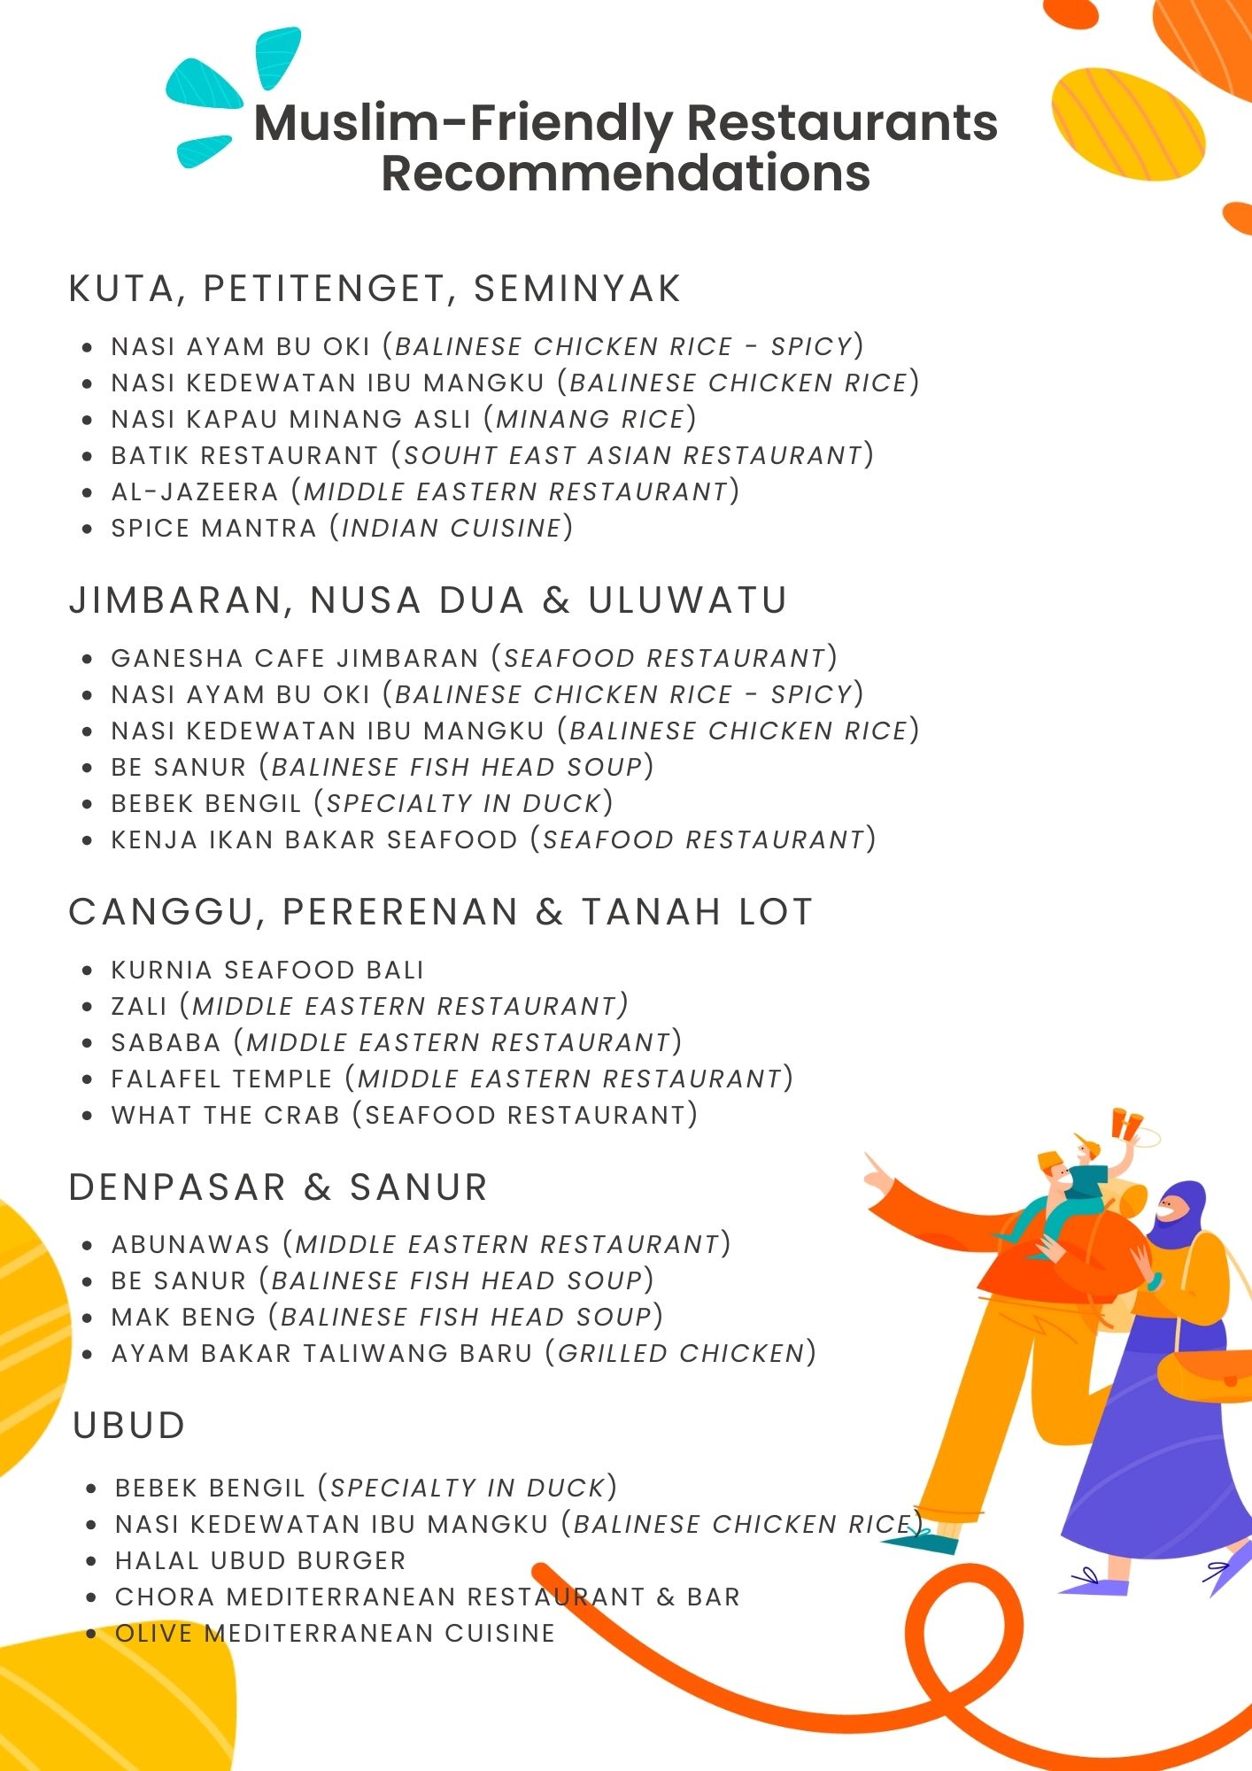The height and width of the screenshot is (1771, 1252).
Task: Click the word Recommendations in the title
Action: (x=625, y=173)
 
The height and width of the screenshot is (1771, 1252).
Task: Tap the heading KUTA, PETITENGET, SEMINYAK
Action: (x=375, y=290)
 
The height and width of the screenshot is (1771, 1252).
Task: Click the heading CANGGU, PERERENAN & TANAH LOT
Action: (x=440, y=912)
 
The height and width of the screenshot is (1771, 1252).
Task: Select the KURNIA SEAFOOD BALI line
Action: (x=267, y=970)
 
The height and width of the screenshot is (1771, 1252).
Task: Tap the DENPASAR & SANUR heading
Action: (x=278, y=1187)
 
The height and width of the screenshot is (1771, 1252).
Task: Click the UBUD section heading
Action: (x=129, y=1426)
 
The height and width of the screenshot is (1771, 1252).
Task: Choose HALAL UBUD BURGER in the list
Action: (x=260, y=1560)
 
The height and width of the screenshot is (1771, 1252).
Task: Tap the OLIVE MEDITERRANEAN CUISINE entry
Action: (x=335, y=1633)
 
